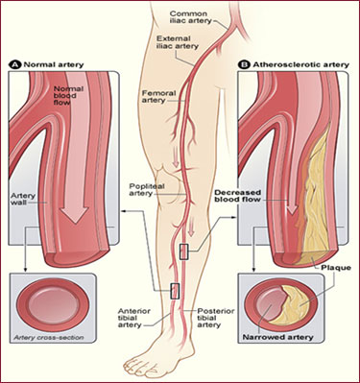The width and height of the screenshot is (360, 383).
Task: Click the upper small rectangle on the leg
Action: click(184, 252)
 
